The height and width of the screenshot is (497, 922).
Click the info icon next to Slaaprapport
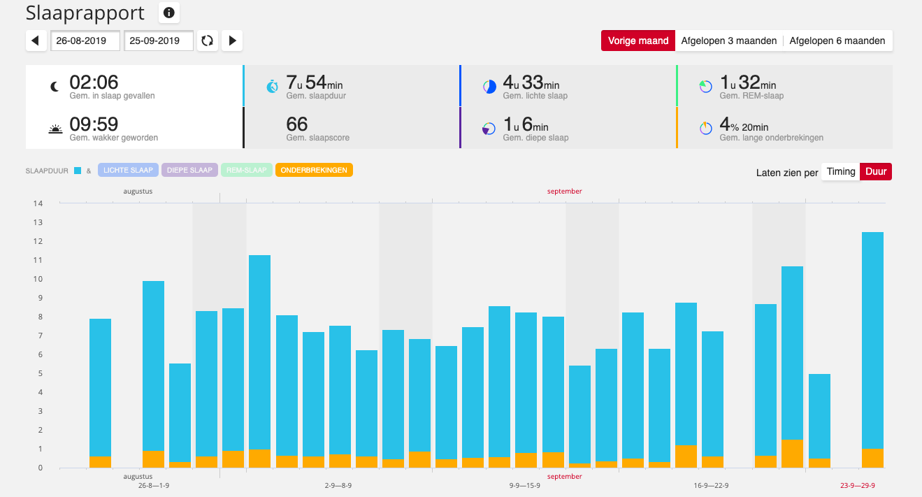click(x=169, y=12)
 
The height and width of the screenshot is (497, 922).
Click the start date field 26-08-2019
click(x=85, y=41)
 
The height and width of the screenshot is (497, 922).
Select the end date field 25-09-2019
click(x=159, y=41)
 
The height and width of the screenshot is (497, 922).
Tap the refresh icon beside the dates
click(x=207, y=41)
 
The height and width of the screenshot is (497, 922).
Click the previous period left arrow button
click(x=36, y=41)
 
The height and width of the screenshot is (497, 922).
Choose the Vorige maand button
click(x=638, y=41)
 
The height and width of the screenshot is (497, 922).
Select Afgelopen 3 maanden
click(x=728, y=41)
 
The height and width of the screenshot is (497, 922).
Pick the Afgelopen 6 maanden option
click(x=837, y=41)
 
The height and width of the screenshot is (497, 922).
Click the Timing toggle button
click(x=840, y=171)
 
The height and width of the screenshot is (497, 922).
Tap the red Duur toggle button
click(x=875, y=171)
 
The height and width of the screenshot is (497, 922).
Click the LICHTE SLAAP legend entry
click(x=128, y=170)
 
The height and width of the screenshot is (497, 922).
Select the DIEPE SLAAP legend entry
click(x=189, y=170)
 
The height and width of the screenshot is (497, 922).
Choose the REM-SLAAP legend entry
click(x=246, y=170)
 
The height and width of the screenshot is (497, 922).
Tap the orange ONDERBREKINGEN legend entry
click(x=314, y=170)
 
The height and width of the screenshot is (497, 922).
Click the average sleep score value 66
click(x=297, y=124)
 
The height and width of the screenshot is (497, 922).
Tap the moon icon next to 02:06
click(x=55, y=86)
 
